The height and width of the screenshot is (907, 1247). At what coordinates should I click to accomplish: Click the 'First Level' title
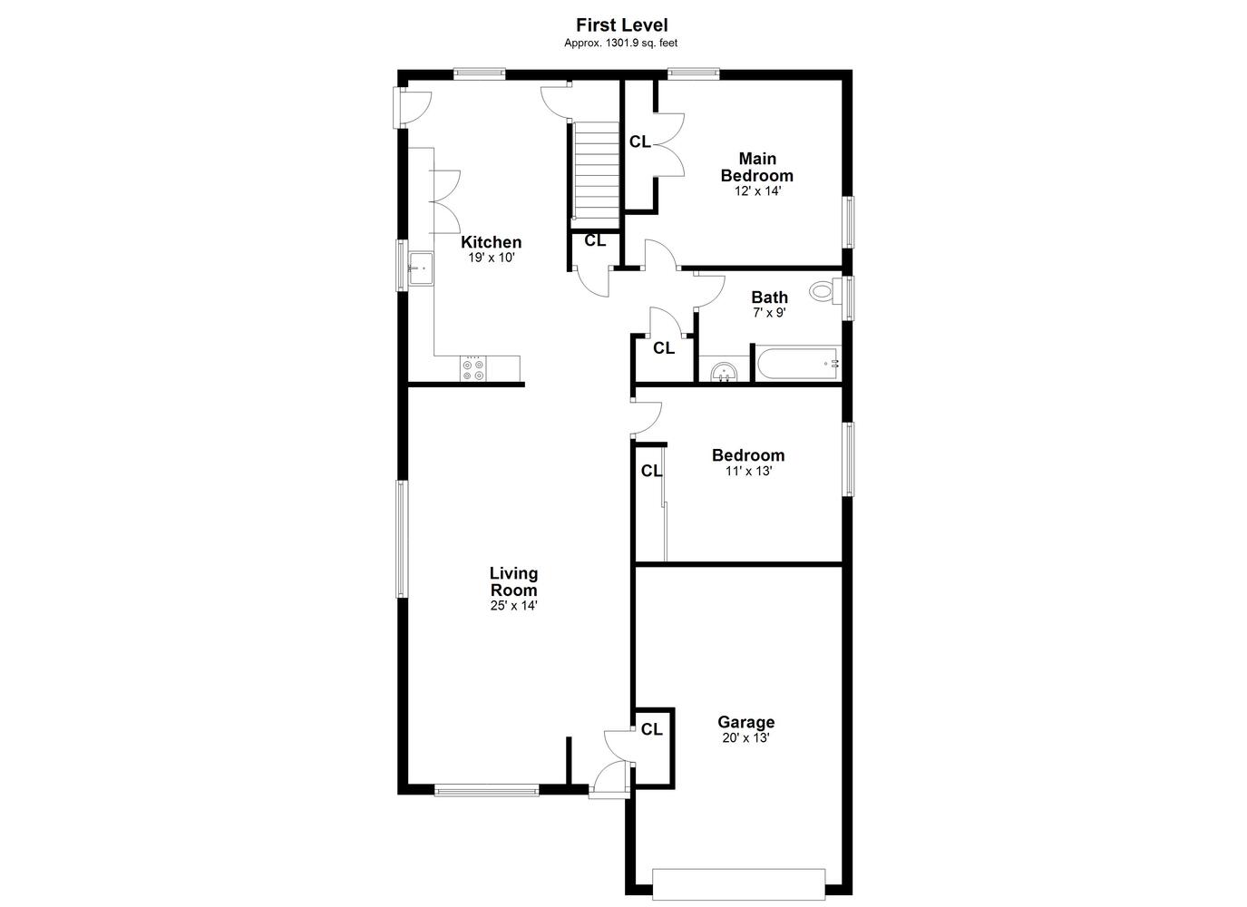point(622,25)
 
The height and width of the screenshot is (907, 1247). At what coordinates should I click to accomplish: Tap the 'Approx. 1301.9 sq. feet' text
point(620,43)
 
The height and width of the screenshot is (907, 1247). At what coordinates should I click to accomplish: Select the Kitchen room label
point(491,242)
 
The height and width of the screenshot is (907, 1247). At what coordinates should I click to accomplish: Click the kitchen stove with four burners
point(473,368)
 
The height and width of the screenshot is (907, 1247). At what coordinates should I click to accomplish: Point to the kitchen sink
point(421,269)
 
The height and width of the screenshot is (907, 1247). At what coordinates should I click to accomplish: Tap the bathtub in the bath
point(797,364)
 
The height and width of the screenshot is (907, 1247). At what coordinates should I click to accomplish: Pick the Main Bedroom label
point(757,167)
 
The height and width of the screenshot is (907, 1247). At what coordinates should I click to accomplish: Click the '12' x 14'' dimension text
point(757,191)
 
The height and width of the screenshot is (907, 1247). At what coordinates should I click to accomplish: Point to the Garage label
point(746,722)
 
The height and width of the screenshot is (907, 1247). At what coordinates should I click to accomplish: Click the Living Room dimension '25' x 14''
point(513,606)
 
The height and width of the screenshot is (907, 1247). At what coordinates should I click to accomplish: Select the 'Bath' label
point(769,297)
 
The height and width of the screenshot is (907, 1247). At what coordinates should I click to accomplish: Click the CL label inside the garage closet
point(651,729)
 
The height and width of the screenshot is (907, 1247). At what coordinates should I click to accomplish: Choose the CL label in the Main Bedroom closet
point(639,142)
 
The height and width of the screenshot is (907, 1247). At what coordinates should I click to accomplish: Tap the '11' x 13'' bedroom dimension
point(748,471)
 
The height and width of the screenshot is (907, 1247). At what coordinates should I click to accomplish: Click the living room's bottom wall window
point(486,789)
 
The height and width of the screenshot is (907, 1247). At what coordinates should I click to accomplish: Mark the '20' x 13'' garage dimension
point(746,738)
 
